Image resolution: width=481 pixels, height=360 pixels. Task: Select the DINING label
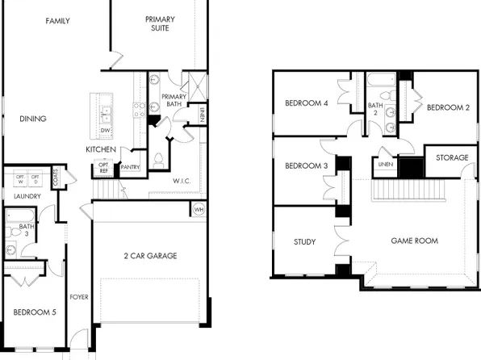click(33, 119)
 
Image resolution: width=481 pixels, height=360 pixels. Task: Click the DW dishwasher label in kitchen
click(105, 130)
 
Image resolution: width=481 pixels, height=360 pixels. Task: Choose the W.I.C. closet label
click(182, 182)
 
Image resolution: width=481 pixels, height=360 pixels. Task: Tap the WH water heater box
click(199, 209)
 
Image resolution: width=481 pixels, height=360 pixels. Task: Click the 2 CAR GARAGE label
click(150, 256)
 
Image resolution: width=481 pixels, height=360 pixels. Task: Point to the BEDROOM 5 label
click(35, 312)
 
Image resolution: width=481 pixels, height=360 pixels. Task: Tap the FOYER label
click(79, 296)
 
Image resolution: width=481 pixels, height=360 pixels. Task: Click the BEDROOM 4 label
click(307, 103)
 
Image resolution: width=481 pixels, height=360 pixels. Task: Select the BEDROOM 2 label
click(448, 107)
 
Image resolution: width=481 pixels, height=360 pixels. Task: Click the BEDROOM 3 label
click(307, 166)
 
